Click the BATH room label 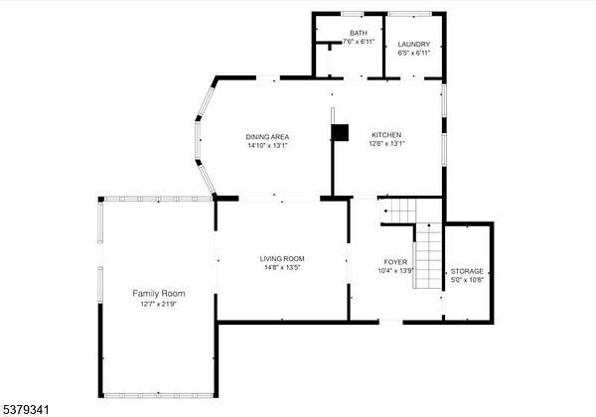[x=359, y=33]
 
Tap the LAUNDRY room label [x=414, y=44]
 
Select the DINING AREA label [x=267, y=137]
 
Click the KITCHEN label [x=386, y=135]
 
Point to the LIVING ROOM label [x=282, y=258]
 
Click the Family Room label [x=159, y=293]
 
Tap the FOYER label [x=395, y=262]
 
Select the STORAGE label [x=467, y=271]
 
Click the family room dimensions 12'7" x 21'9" [x=159, y=304]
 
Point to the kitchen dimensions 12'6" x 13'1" [x=387, y=144]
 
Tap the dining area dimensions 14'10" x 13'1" [x=268, y=146]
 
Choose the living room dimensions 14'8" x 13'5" [x=282, y=267]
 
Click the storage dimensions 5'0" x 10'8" [x=467, y=280]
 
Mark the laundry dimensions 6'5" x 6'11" [x=414, y=53]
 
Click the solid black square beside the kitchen [x=340, y=132]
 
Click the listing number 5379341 [x=26, y=410]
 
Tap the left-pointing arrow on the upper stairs [x=385, y=210]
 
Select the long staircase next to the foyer [x=428, y=255]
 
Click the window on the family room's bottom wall [x=159, y=395]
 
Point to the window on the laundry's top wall [x=409, y=14]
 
